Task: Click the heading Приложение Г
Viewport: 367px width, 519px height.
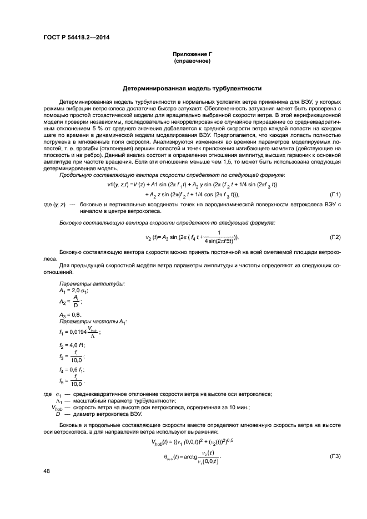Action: click(x=192, y=53)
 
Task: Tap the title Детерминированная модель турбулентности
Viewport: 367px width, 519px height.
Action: click(x=192, y=88)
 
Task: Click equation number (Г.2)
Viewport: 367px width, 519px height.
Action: click(x=335, y=237)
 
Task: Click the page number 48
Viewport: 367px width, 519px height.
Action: click(x=46, y=471)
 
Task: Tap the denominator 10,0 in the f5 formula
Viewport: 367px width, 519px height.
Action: click(x=76, y=384)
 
